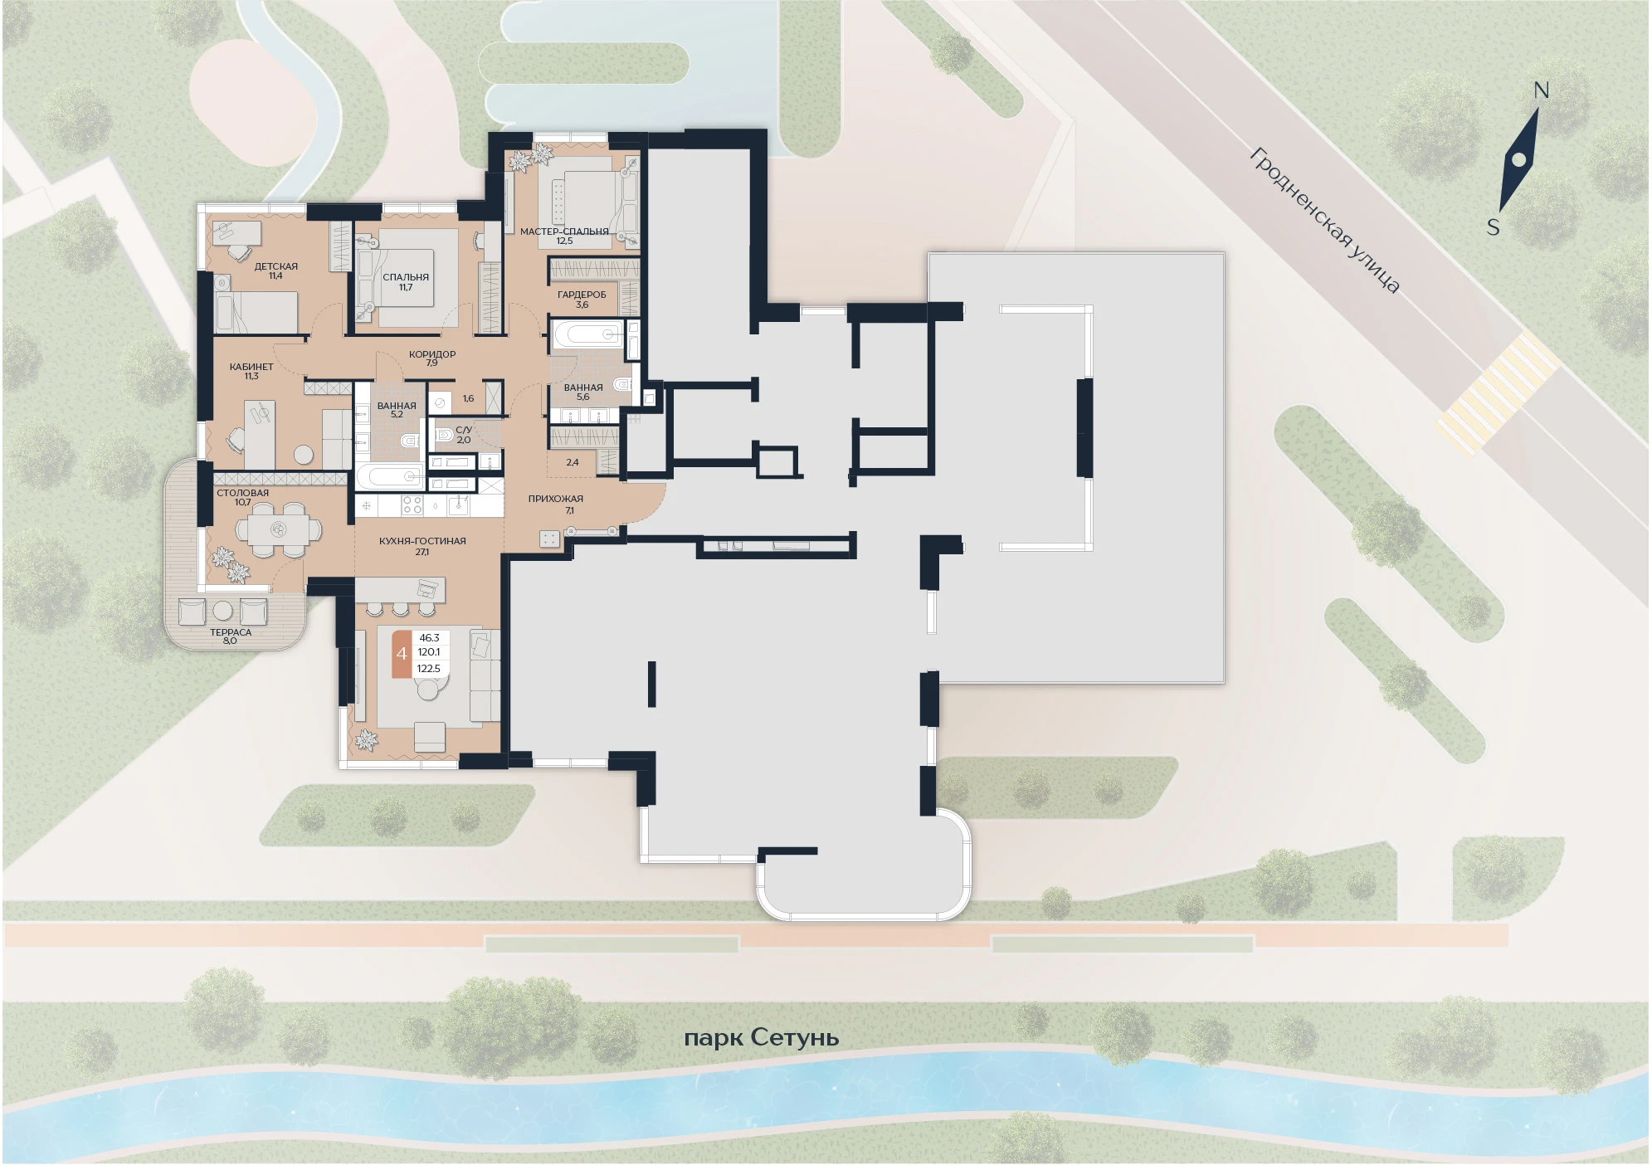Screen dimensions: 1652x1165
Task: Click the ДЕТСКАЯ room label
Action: pyautogui.click(x=275, y=266)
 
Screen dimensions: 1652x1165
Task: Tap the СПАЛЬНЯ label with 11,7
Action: pyautogui.click(x=406, y=277)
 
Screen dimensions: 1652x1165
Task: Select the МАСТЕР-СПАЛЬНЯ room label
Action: pyautogui.click(x=564, y=232)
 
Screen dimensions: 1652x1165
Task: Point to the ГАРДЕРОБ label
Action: pyautogui.click(x=582, y=295)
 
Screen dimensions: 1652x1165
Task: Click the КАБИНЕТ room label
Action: pyautogui.click(x=251, y=367)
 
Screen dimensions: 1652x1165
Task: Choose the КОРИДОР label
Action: pyautogui.click(x=432, y=354)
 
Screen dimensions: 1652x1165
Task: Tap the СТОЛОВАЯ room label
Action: pyautogui.click(x=243, y=493)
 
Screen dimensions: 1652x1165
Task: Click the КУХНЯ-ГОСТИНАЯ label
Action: pyautogui.click(x=422, y=541)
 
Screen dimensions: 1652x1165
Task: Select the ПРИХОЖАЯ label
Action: pyautogui.click(x=556, y=499)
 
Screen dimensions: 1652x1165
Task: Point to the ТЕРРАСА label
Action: pyautogui.click(x=231, y=632)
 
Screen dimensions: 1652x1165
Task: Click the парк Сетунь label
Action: pyautogui.click(x=761, y=1037)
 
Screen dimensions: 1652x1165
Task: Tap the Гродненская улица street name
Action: pyautogui.click(x=1325, y=220)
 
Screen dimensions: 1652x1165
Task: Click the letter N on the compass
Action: pyautogui.click(x=1542, y=90)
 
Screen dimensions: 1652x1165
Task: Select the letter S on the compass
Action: pyautogui.click(x=1493, y=227)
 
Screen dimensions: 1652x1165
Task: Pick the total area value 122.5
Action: pyautogui.click(x=429, y=669)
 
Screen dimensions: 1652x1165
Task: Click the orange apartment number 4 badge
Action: pyautogui.click(x=402, y=654)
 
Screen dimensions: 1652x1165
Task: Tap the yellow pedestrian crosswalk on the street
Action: pyautogui.click(x=1498, y=392)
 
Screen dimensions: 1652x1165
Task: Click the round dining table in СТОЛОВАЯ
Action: pyautogui.click(x=278, y=529)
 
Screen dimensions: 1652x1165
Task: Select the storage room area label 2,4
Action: pyautogui.click(x=573, y=462)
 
